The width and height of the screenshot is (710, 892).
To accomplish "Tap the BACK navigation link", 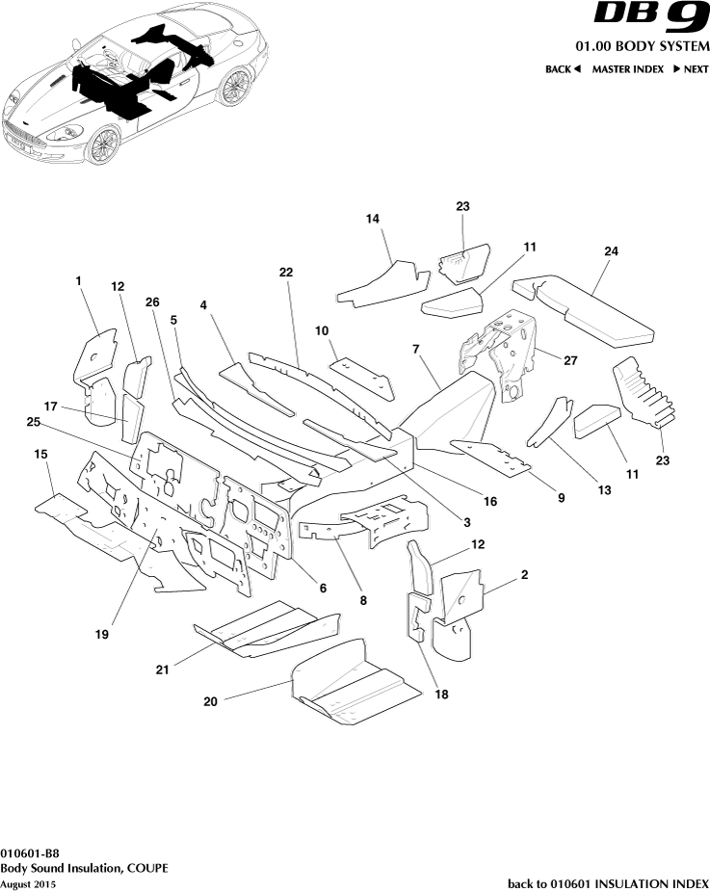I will tap(563, 69).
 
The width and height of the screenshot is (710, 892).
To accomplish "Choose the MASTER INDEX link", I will tap(627, 69).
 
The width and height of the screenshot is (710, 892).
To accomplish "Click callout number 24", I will tap(611, 250).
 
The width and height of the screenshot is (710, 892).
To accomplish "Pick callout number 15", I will tap(40, 453).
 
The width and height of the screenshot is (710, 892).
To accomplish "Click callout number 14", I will tap(374, 220).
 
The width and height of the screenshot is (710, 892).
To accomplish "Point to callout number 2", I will tap(524, 575).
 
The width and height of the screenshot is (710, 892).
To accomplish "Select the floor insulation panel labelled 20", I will tap(356, 687).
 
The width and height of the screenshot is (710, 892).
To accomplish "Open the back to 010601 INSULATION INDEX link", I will tap(608, 883).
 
